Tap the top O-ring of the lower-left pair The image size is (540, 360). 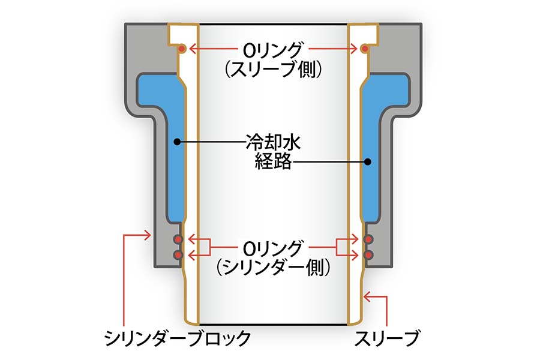pyautogui.click(x=178, y=239)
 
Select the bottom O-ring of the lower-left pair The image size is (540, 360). pyautogui.click(x=178, y=254)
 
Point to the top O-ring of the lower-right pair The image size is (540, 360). pyautogui.click(x=368, y=239)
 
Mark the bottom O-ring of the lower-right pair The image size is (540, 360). pyautogui.click(x=368, y=254)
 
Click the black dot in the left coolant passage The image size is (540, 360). pyautogui.click(x=176, y=142)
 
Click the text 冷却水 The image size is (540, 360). pyautogui.click(x=272, y=142)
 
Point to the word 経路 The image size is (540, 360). pyautogui.click(x=272, y=161)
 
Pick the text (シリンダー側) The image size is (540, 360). pyautogui.click(x=274, y=266)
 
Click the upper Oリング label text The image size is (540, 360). pyautogui.click(x=273, y=49)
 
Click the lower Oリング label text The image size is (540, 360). pyautogui.click(x=273, y=247)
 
